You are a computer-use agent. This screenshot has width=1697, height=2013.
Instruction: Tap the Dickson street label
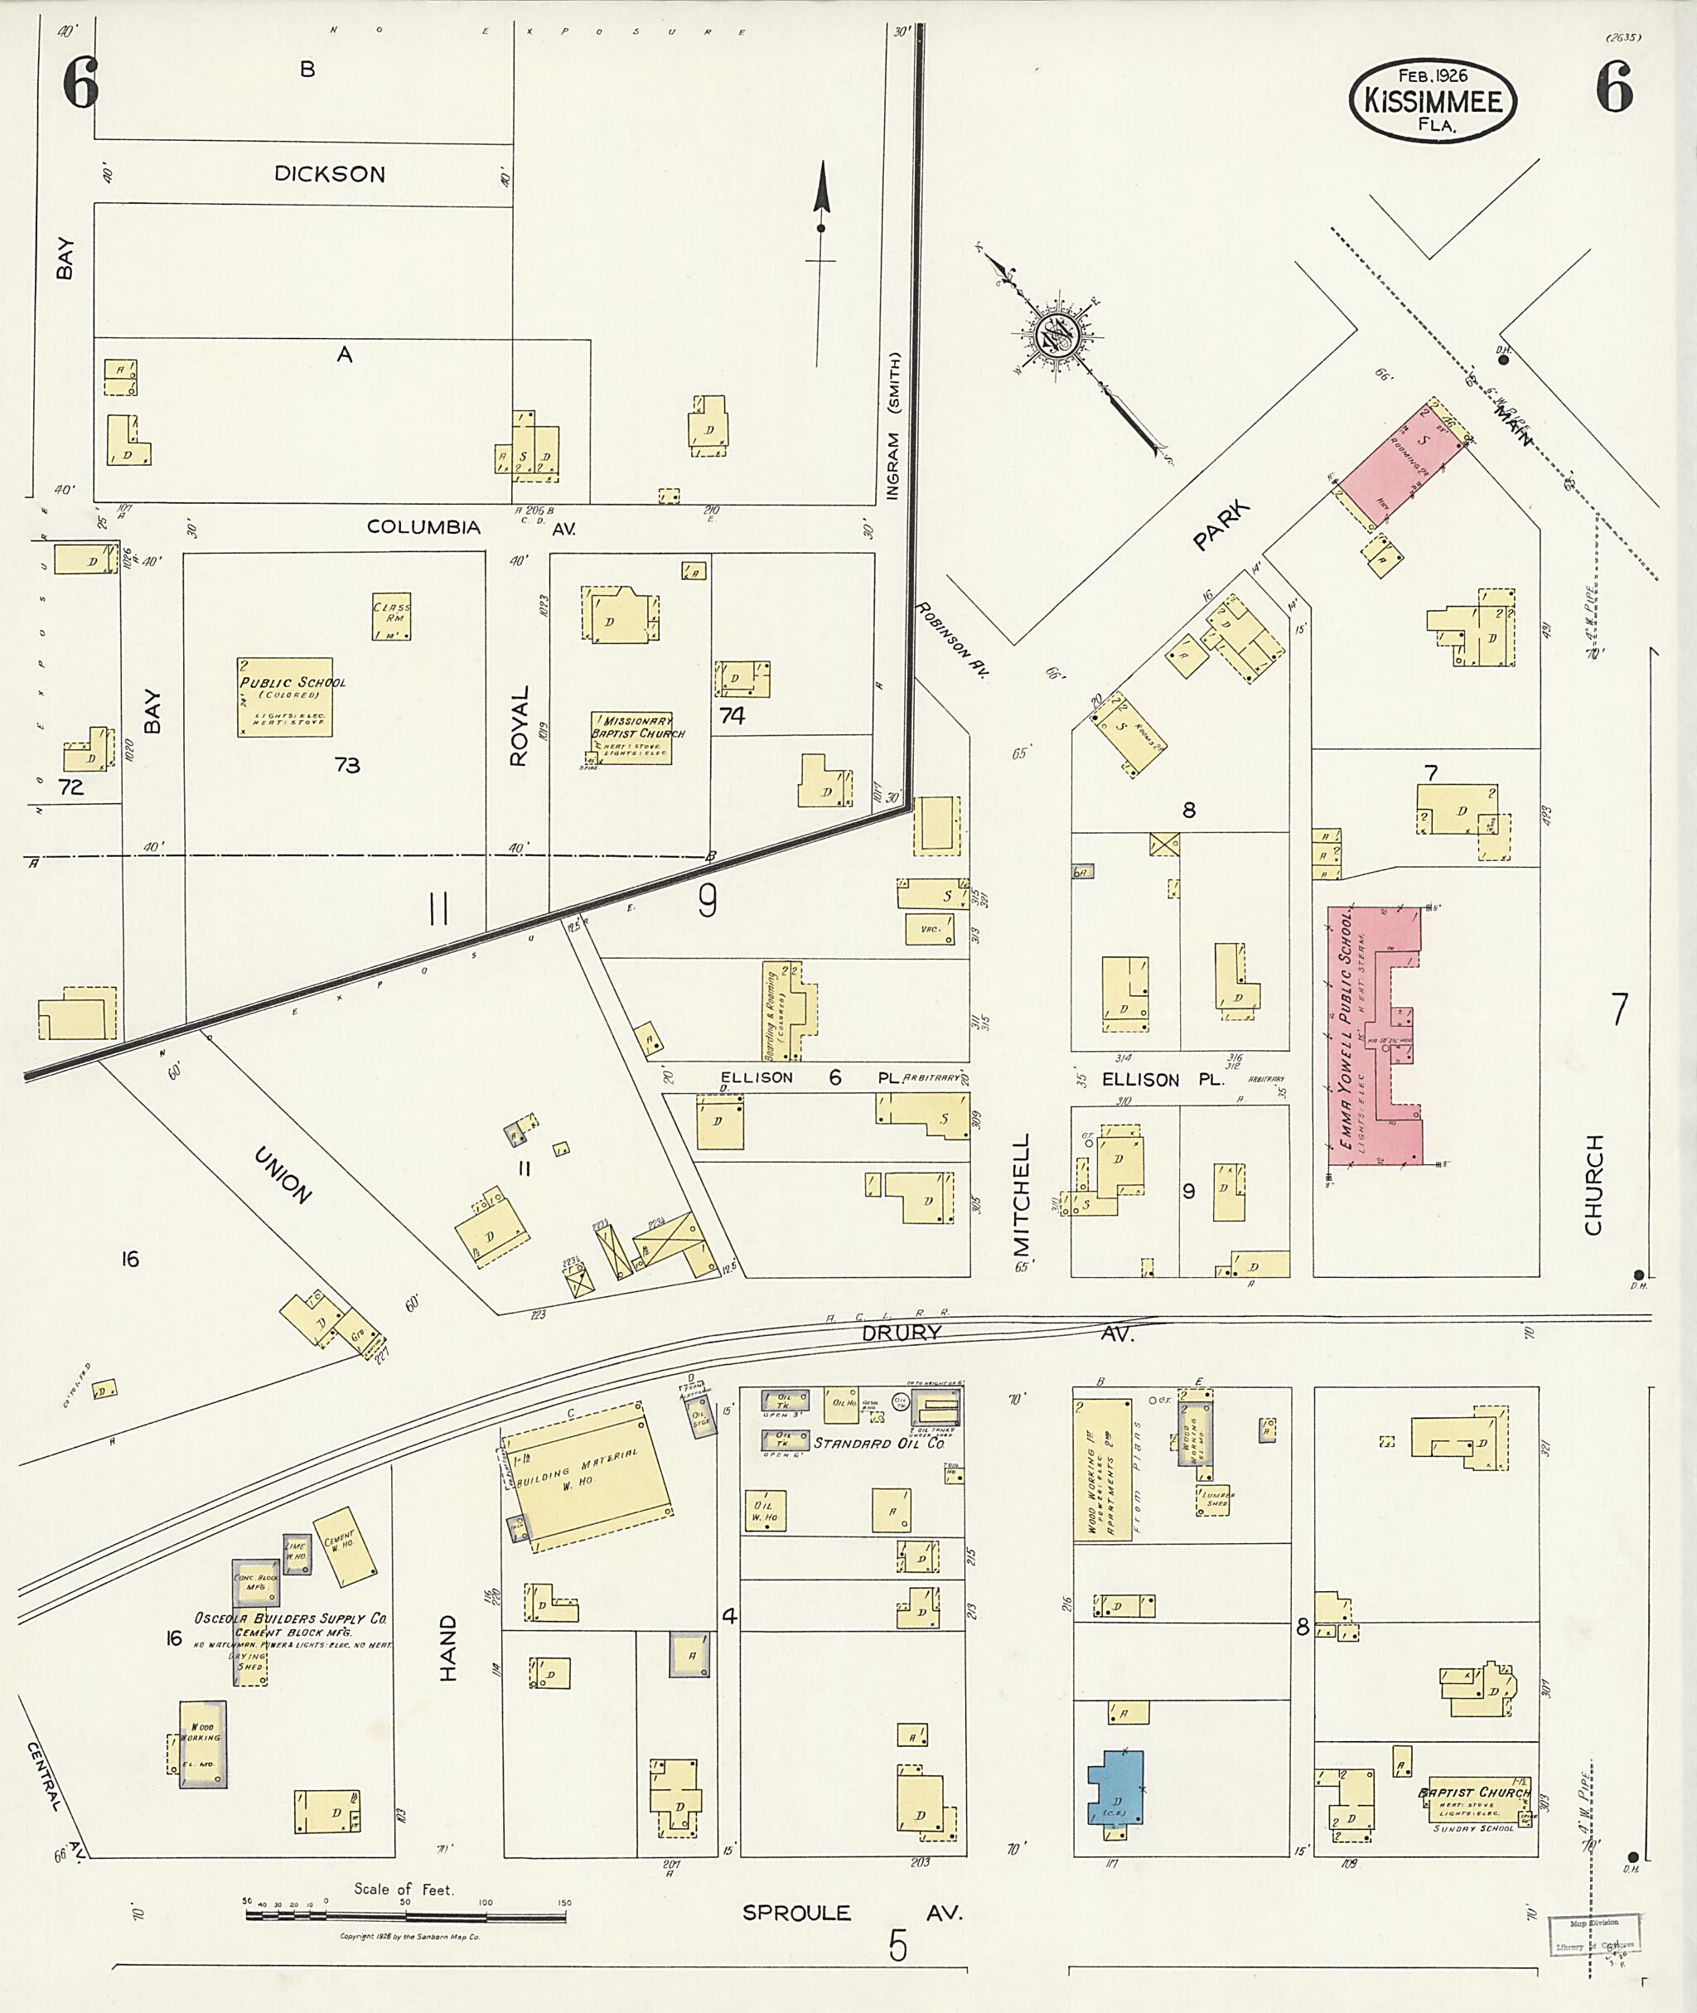pyautogui.click(x=329, y=174)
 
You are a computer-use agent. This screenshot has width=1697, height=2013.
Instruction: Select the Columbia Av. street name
pyautogui.click(x=423, y=527)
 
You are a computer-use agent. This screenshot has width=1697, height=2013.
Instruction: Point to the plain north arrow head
pyautogui.click(x=821, y=187)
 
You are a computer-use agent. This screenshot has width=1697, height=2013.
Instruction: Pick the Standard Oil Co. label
pyautogui.click(x=879, y=1444)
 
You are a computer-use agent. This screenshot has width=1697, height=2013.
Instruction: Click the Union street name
pyautogui.click(x=283, y=1175)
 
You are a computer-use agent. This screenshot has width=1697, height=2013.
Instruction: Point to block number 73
pyautogui.click(x=347, y=765)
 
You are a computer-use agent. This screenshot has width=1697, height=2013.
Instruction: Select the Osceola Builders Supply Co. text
pyautogui.click(x=291, y=1619)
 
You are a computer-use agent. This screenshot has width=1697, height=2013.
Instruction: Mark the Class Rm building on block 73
pyautogui.click(x=392, y=617)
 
